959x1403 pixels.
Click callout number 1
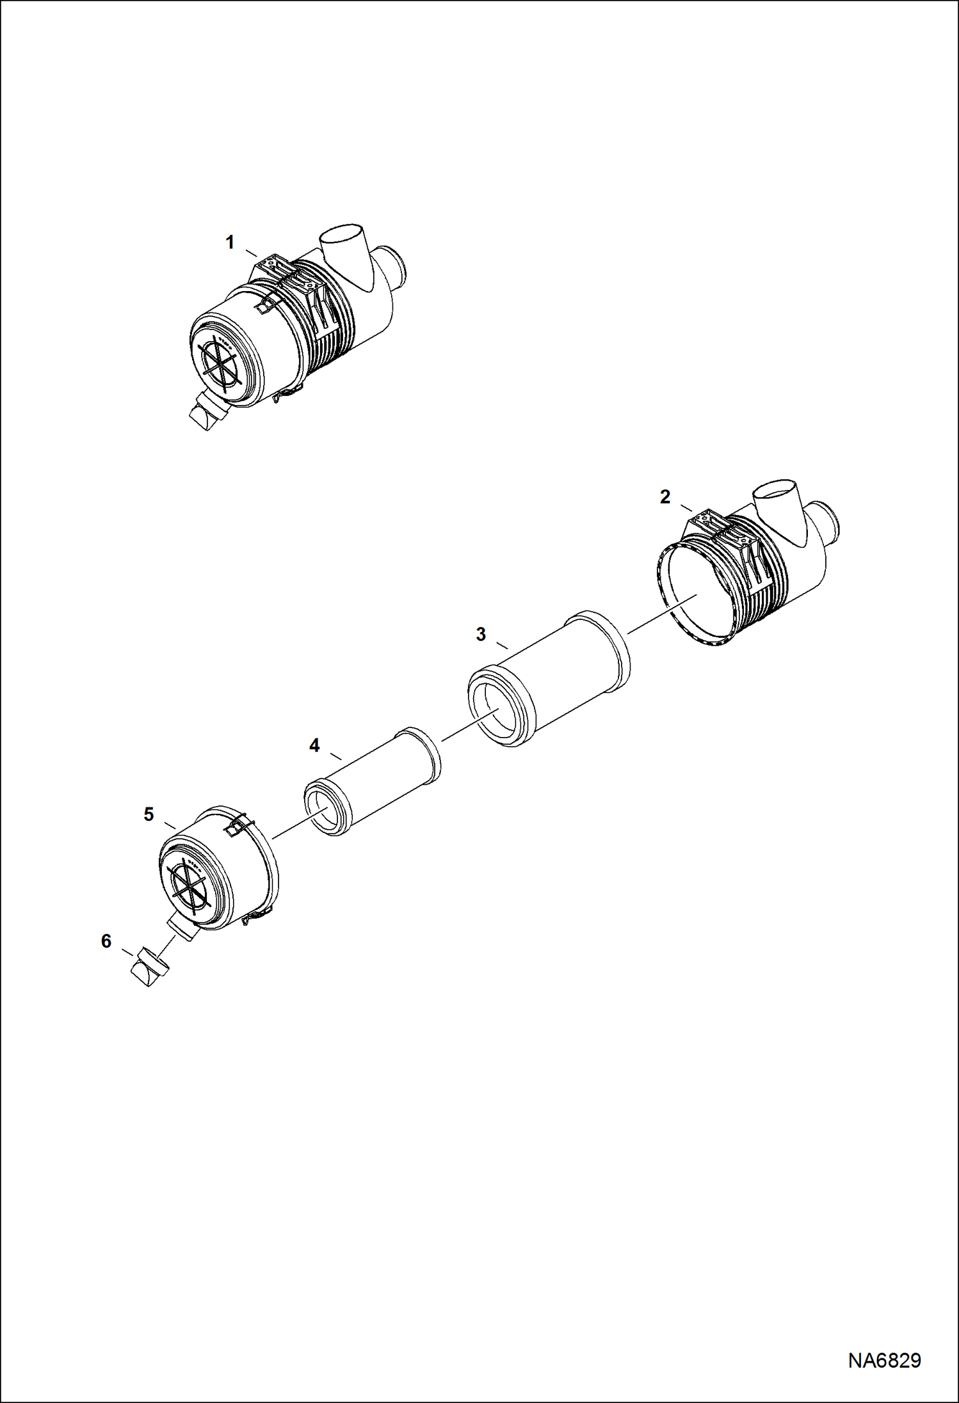[230, 242]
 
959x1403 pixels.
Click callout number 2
[665, 496]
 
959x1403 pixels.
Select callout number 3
[481, 634]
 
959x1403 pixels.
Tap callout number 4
[314, 745]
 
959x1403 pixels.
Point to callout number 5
[149, 814]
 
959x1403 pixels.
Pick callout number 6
[106, 941]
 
